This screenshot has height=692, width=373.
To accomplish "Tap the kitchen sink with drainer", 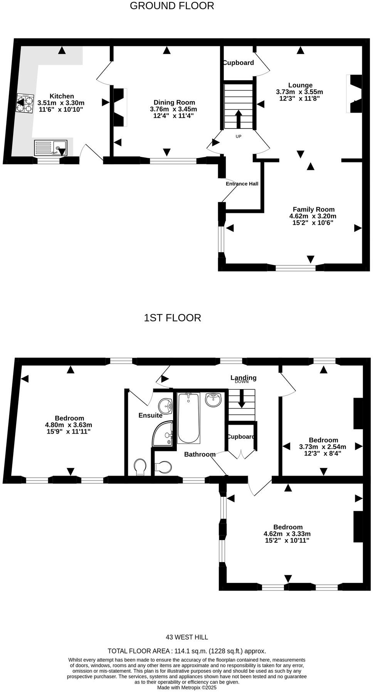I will [x=50, y=148].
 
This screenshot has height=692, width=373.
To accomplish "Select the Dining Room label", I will [x=174, y=102].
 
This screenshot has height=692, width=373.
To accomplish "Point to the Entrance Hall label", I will [x=242, y=184].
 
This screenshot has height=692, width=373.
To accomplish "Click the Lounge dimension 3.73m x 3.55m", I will [x=299, y=92].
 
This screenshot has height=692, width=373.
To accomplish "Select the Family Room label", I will [x=313, y=209].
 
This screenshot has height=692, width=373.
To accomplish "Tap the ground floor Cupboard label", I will [x=239, y=62].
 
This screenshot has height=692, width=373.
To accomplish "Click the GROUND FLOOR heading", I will [x=171, y=6].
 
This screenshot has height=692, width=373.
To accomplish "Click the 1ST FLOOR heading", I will [x=172, y=318].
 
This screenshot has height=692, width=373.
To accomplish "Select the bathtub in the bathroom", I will [x=188, y=418].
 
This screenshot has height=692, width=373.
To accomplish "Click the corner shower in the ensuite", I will [x=163, y=434].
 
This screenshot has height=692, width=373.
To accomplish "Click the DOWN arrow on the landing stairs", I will [x=242, y=398].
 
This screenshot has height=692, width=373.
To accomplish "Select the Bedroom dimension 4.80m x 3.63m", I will [x=69, y=425].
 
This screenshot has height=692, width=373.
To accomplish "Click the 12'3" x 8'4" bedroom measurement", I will [x=323, y=453].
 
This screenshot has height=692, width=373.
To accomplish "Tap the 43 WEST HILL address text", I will [x=186, y=637].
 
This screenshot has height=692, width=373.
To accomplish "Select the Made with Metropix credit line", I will [x=186, y=687].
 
